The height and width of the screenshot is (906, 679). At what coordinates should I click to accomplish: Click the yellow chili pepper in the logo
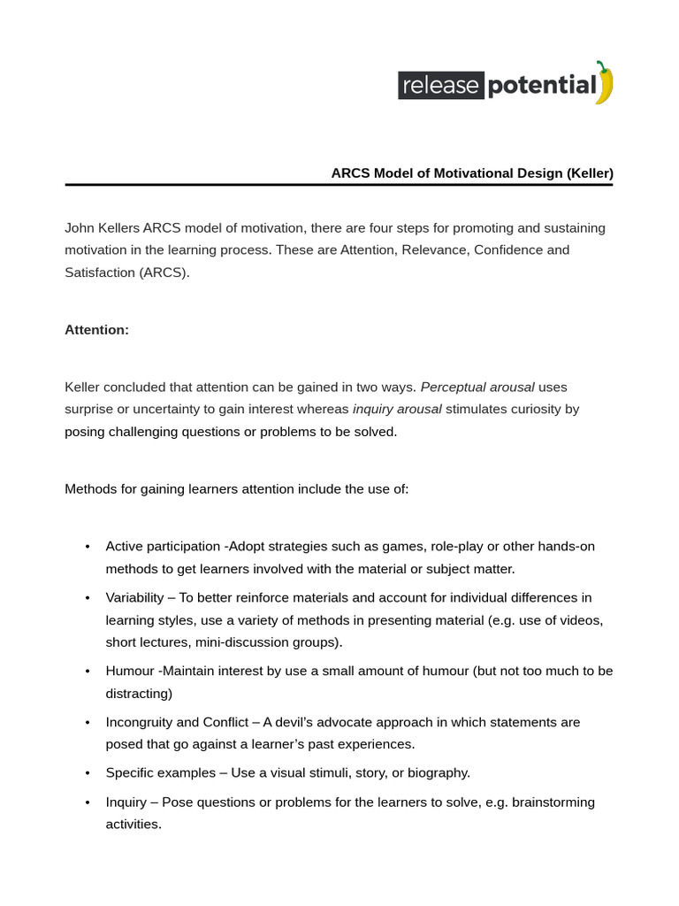pos(604,83)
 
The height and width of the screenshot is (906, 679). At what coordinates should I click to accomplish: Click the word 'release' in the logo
pos(441,86)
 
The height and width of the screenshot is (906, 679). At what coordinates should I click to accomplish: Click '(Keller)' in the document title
pos(590,173)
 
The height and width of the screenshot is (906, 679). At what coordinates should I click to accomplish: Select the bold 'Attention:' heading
pos(96,330)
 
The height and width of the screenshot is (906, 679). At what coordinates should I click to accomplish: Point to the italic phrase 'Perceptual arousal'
pos(477,388)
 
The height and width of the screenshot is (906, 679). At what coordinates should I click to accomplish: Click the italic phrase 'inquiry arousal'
pos(396,410)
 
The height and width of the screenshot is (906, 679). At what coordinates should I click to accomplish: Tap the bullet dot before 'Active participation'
pos(87,547)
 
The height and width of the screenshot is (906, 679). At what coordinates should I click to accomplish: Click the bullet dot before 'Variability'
pos(87,598)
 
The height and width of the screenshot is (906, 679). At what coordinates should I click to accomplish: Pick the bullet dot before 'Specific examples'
pos(87,773)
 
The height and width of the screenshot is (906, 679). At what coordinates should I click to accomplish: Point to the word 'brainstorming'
pos(553,802)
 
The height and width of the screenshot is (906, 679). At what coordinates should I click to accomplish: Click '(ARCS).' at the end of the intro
pos(164,272)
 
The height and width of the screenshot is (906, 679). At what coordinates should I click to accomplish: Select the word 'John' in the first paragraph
pos(80,228)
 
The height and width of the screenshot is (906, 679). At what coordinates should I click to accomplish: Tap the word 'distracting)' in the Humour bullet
pos(139,693)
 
